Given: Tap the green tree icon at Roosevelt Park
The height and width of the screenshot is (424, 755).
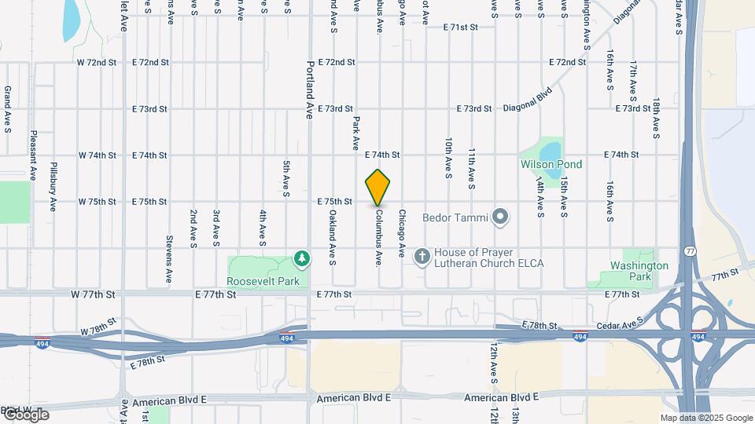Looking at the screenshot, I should tap(301, 258).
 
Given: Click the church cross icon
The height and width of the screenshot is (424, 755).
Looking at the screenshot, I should tap(422, 257).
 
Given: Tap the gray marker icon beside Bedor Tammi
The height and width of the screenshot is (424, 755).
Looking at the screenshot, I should tap(499, 217).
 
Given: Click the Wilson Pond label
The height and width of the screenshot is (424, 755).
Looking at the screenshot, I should tap(551, 164).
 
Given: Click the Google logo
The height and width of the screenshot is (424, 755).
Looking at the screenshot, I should tap(25, 414).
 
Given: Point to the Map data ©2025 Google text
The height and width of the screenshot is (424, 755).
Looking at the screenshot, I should tap(706, 418).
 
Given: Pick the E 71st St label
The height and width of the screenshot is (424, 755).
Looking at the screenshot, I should tap(461, 27).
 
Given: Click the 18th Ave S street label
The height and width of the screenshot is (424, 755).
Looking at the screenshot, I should tap(656, 119).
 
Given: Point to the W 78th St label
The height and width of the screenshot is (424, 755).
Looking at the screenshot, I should tap(98, 324).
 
